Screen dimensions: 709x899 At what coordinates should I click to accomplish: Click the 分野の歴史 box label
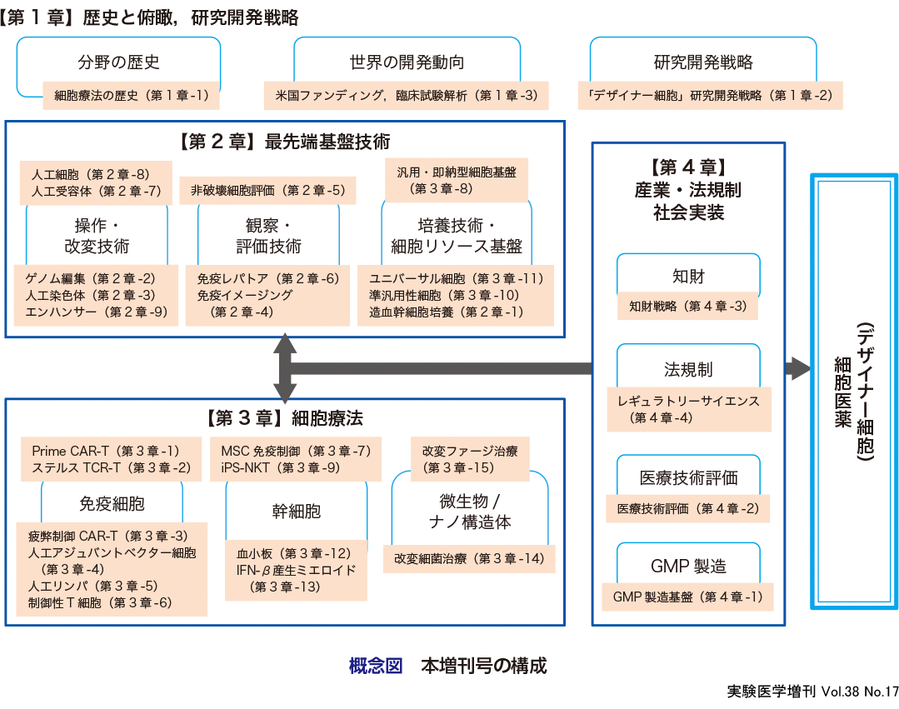[118, 62]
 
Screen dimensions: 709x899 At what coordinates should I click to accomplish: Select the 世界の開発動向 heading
[407, 62]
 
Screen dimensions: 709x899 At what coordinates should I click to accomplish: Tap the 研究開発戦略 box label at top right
[703, 62]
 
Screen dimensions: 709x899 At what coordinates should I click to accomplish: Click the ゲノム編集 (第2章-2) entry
[90, 278]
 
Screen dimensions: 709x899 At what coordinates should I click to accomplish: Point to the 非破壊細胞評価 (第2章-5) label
[267, 191]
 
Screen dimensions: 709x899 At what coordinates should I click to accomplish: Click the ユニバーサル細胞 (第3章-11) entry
[456, 278]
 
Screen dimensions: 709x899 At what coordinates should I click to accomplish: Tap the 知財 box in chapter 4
[688, 275]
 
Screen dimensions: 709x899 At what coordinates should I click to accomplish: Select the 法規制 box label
[688, 369]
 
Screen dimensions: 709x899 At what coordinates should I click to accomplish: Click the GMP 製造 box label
[688, 567]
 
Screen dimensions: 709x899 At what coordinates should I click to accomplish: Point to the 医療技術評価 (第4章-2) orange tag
[687, 508]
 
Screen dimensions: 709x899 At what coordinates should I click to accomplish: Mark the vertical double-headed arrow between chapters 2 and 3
[285, 367]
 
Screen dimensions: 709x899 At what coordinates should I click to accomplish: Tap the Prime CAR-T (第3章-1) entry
[106, 451]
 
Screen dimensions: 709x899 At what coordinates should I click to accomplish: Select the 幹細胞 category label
[296, 510]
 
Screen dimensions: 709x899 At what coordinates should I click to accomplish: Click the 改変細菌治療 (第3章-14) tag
[469, 558]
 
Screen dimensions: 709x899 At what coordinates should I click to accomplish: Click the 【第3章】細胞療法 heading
[284, 417]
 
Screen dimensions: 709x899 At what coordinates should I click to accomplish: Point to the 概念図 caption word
[376, 667]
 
